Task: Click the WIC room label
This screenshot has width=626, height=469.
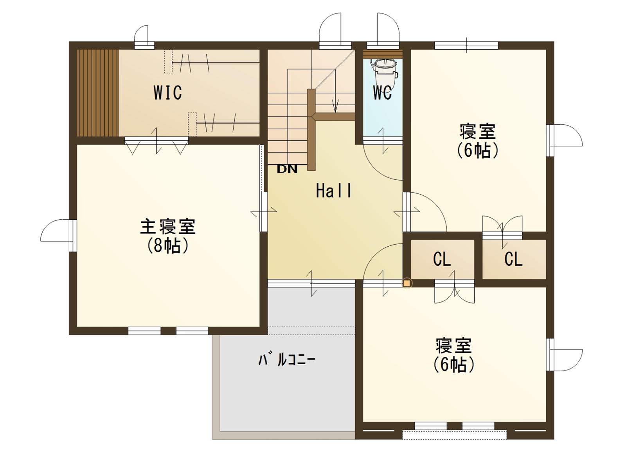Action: click(167, 92)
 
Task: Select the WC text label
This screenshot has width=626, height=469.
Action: click(382, 92)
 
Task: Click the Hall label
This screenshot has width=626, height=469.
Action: click(334, 190)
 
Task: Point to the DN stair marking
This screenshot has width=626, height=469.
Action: click(287, 169)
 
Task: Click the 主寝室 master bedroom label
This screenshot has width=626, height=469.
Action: click(168, 226)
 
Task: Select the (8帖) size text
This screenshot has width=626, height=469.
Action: click(168, 245)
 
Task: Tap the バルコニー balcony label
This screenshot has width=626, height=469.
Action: click(287, 360)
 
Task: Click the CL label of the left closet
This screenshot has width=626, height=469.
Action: click(442, 259)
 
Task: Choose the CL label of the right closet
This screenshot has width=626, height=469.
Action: click(513, 259)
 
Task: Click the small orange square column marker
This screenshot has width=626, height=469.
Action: click(407, 283)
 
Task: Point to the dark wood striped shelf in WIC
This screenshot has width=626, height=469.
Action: click(98, 93)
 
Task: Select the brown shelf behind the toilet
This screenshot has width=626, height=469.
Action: click(383, 54)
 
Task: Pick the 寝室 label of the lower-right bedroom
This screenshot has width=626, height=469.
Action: click(454, 345)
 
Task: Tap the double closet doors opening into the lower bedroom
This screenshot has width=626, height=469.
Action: click(454, 292)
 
